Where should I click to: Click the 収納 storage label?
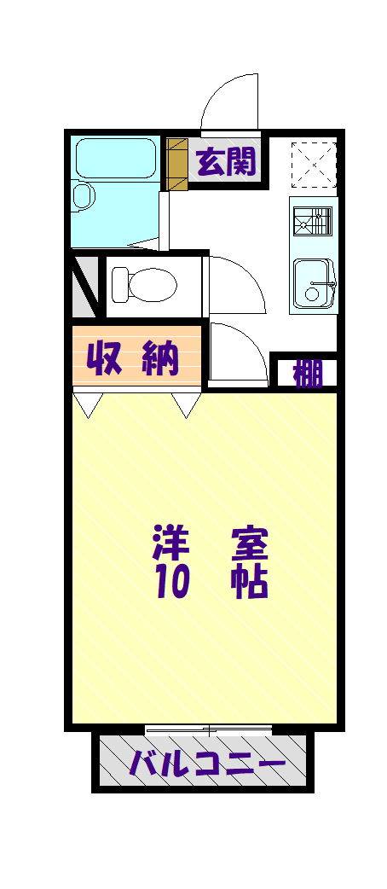[x=135, y=359]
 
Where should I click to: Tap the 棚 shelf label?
[x=308, y=373]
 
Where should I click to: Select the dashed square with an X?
[x=314, y=164]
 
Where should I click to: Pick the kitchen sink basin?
[x=313, y=282]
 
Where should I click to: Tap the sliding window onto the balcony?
[x=209, y=730]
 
